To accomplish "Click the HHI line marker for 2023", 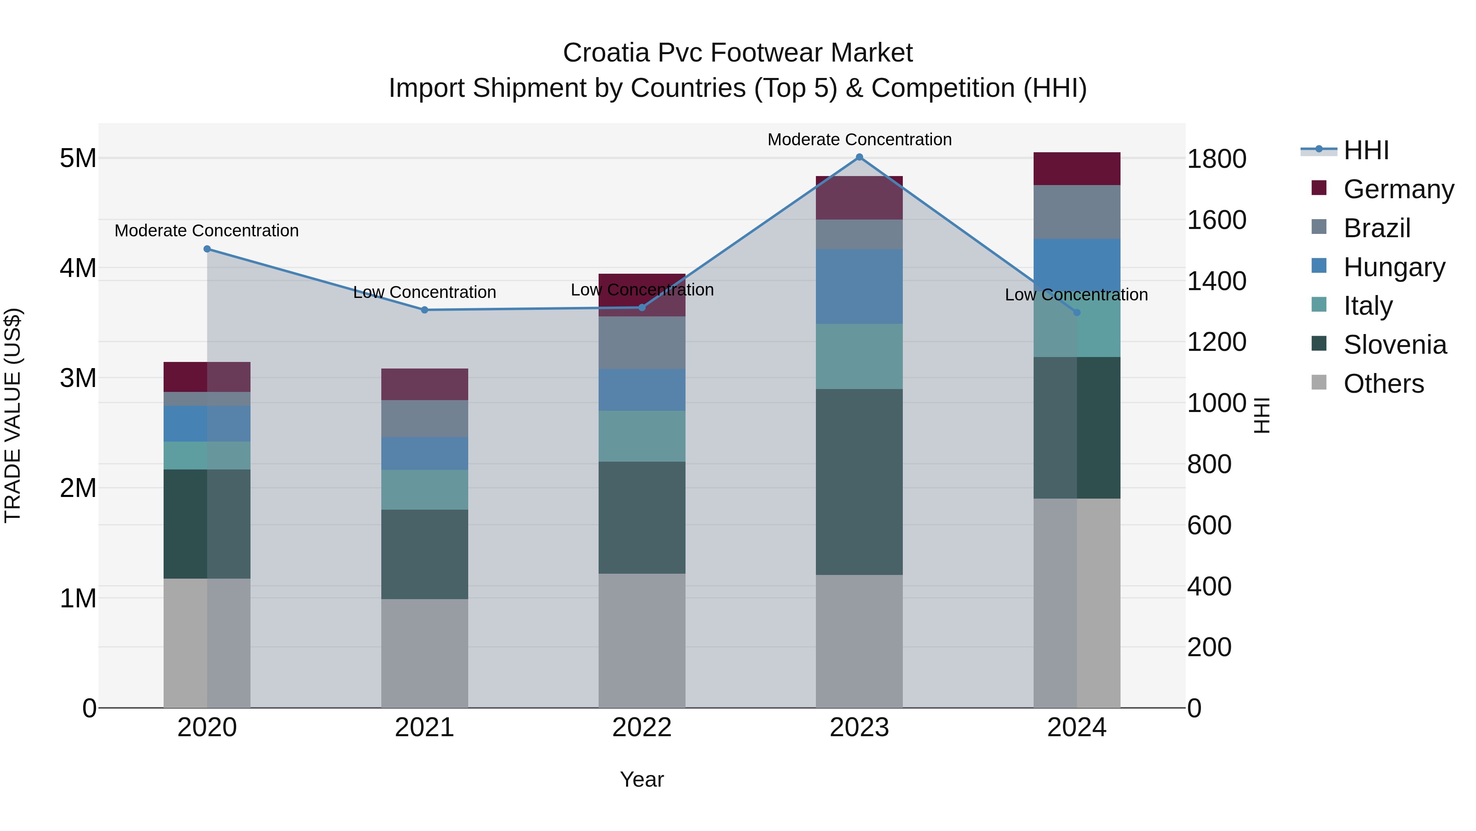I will pyautogui.click(x=859, y=157).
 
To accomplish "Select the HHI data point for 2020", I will pyautogui.click(x=207, y=249).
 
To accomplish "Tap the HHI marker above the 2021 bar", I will pyautogui.click(x=425, y=310).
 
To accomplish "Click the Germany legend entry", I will pyautogui.click(x=1398, y=189).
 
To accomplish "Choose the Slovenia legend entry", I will pyautogui.click(x=1395, y=345).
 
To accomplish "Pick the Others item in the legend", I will pyautogui.click(x=1383, y=384).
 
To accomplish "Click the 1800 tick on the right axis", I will pyautogui.click(x=1216, y=159).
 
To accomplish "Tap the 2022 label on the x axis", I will pyautogui.click(x=642, y=728).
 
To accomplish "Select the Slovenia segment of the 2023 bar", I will pyautogui.click(x=859, y=482).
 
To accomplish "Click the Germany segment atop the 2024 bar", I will pyautogui.click(x=1077, y=169).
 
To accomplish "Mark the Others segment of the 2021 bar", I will pyautogui.click(x=425, y=653).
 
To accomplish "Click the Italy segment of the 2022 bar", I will pyautogui.click(x=642, y=436).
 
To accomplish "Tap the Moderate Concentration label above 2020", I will pyautogui.click(x=207, y=231).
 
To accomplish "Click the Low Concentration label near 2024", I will pyautogui.click(x=1076, y=295).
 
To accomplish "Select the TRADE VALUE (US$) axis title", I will pyautogui.click(x=13, y=415).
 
